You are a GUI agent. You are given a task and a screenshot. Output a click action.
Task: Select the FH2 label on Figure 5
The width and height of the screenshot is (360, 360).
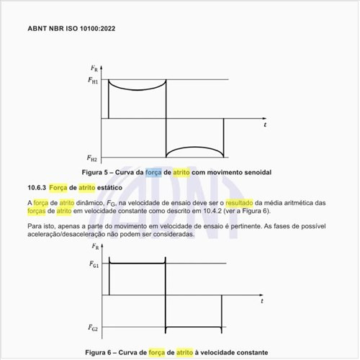[94, 157]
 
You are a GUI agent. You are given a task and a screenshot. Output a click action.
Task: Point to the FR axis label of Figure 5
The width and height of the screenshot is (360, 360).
[94, 68]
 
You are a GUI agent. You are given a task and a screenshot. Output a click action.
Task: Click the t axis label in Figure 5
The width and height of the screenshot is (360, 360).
[265, 125]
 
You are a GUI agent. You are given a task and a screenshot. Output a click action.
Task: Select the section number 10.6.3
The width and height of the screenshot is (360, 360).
[36, 188]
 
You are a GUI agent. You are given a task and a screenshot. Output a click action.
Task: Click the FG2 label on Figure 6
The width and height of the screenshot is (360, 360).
[94, 328]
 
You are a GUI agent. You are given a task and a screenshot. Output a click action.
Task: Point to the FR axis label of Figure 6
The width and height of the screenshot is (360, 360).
[94, 251]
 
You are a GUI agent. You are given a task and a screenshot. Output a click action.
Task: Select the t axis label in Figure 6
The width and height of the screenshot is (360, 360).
[262, 301]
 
